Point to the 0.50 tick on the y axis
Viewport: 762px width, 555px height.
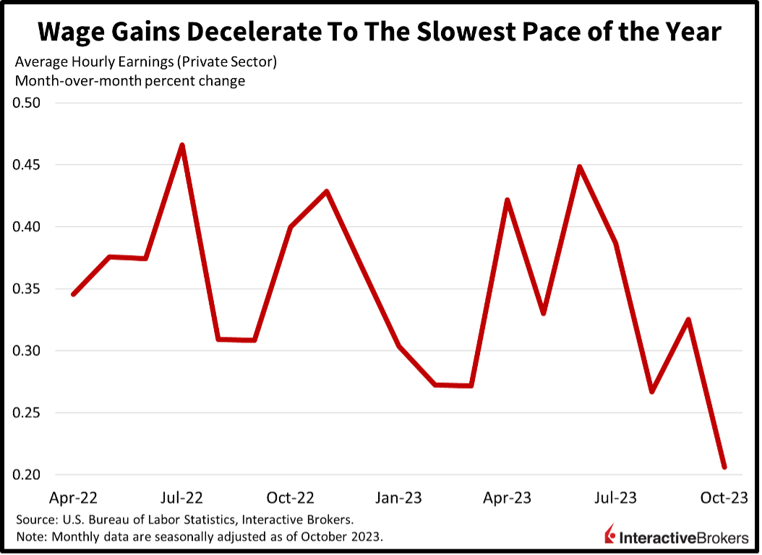point(27,103)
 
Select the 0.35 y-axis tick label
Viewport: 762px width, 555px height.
point(27,289)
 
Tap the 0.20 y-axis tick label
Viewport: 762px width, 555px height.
point(27,475)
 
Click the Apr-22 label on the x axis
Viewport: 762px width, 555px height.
point(73,498)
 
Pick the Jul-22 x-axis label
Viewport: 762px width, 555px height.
point(181,498)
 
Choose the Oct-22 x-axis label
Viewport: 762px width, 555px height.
point(290,498)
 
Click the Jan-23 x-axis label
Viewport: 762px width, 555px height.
point(398,498)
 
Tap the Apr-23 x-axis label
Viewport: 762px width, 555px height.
point(507,498)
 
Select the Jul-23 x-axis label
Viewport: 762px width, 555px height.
point(615,498)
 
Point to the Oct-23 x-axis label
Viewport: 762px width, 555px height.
point(724,498)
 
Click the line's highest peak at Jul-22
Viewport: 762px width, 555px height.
point(182,145)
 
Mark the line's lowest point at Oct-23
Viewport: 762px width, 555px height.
point(724,467)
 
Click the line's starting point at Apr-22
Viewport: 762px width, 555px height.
point(74,294)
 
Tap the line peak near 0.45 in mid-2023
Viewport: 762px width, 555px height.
point(580,167)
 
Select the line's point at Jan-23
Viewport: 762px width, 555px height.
point(399,346)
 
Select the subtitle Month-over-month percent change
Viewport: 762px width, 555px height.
point(130,81)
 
